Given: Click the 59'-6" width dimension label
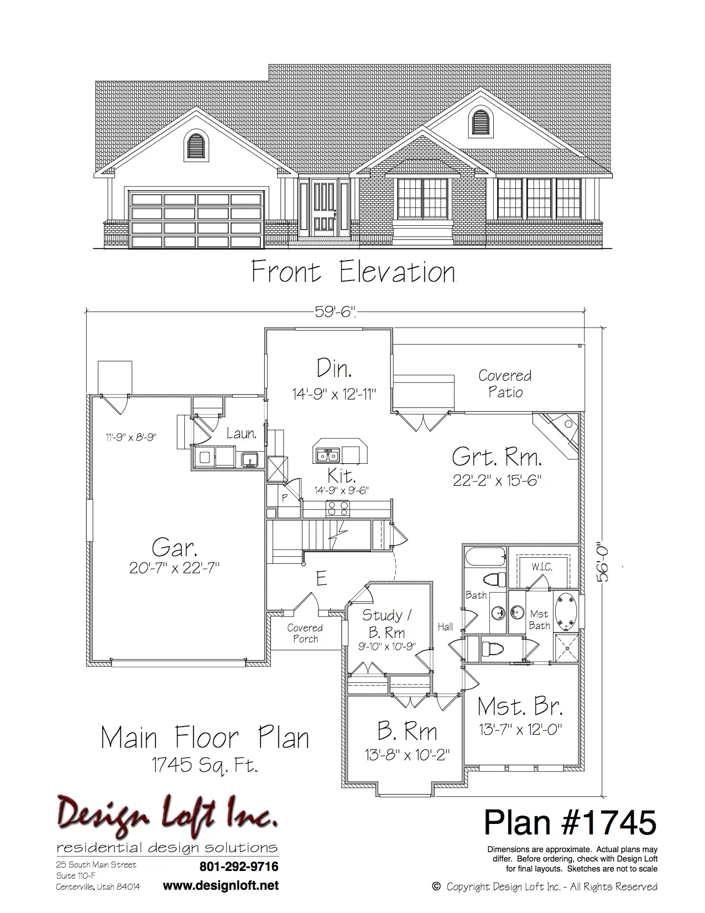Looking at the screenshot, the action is tap(335, 312).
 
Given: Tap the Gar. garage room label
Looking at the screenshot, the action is tap(174, 548).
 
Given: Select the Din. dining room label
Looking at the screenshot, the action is tap(334, 368).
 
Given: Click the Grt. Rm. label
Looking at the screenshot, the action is tap(497, 456).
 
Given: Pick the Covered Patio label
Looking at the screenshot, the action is tap(505, 383).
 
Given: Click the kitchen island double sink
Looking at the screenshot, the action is tap(328, 455).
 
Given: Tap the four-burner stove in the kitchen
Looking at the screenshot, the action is tap(338, 508).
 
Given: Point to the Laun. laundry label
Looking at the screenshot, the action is tap(242, 433).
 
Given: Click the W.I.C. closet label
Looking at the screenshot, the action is tap(542, 567).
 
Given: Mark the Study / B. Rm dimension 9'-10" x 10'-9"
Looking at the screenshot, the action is tap(387, 646).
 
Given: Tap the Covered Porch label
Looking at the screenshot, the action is tap(305, 633).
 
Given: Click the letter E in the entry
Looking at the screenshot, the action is tap(321, 579).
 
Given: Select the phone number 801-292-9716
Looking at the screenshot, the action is tap(239, 867).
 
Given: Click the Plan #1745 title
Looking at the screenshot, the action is tap(570, 822).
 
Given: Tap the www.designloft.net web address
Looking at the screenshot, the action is tap(221, 886).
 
